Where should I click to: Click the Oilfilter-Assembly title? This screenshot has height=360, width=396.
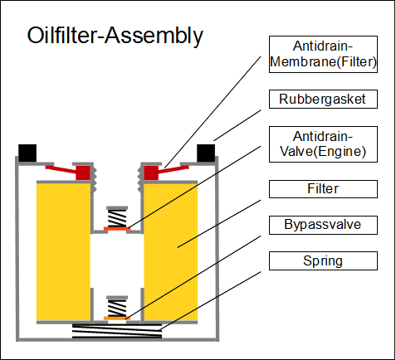tap(115, 36)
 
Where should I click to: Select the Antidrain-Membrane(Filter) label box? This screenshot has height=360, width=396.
tap(323, 54)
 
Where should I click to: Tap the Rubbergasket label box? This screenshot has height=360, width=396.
tap(323, 99)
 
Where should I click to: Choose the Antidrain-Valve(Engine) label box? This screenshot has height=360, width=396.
tap(323, 144)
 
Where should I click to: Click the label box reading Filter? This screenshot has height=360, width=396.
tap(323, 189)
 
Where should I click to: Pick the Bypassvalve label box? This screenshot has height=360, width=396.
tap(323, 225)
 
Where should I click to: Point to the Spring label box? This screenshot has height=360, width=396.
tap(323, 260)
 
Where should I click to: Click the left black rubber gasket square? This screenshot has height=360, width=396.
tap(27, 153)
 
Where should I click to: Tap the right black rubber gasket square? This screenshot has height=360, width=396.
tap(206, 153)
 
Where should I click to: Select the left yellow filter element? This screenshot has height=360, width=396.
tap(63, 252)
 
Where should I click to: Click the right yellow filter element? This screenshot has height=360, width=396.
tap(171, 252)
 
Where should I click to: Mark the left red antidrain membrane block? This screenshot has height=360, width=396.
tap(83, 173)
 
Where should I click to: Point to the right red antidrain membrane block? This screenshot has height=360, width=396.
tap(151, 173)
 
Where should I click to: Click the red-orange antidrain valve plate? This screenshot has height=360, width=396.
tap(117, 229)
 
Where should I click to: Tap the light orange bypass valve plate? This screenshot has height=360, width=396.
tap(117, 319)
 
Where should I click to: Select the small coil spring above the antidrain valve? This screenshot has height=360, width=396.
tap(117, 218)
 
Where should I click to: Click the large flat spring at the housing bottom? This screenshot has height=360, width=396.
tap(117, 331)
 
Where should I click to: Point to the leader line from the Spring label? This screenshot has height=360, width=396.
tap(211, 300)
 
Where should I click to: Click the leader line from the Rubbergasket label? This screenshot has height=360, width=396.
tap(237, 125)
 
